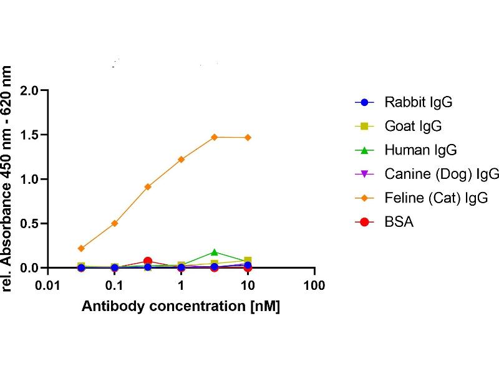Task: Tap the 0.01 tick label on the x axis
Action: point(47,286)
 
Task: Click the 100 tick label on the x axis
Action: point(314,286)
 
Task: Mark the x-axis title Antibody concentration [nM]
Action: point(181,307)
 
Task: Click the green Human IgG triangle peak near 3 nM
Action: point(215,252)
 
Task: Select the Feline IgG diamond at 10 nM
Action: point(248,137)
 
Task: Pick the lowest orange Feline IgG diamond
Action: point(81,248)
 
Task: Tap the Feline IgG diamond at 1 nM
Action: point(181,160)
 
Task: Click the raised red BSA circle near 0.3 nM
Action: point(148,261)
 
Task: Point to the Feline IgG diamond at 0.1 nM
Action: point(114,223)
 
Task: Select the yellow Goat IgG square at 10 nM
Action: point(248,261)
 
